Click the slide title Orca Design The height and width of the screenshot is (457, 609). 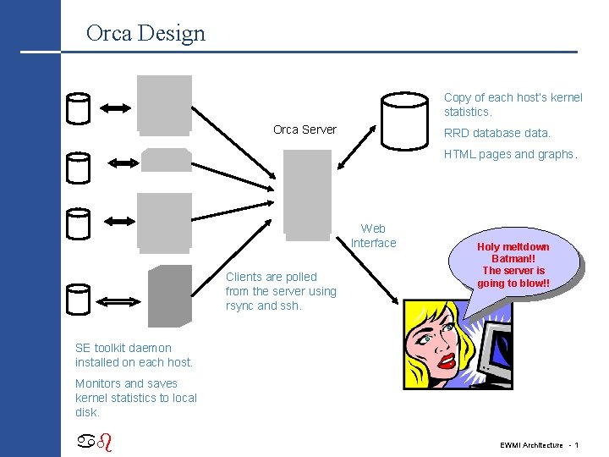point(145,33)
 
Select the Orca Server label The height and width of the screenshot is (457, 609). point(304,129)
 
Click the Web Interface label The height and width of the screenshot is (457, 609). point(373,235)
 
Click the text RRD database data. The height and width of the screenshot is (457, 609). point(497,133)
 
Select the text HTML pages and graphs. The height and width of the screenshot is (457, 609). point(511,154)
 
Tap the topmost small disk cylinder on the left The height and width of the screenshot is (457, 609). point(78,107)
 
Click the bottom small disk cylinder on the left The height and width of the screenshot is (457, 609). point(78,299)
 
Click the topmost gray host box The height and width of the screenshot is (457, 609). point(165,104)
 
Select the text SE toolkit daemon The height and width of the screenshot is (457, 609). point(123,348)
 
